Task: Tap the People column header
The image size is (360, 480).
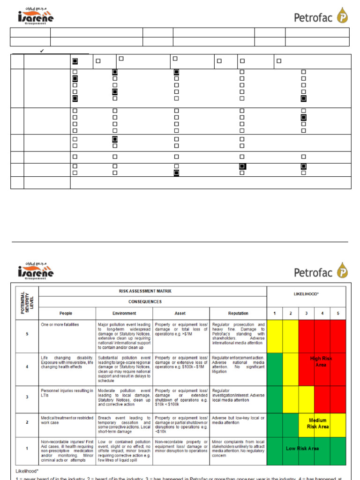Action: click(x=66, y=313)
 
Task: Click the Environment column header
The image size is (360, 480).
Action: click(x=124, y=313)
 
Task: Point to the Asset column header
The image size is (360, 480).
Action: click(x=181, y=313)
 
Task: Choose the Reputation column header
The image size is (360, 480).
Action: click(x=238, y=313)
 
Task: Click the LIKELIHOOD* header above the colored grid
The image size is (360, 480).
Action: click(x=306, y=293)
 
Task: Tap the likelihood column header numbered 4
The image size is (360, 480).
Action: click(x=322, y=313)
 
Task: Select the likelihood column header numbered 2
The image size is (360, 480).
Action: click(x=291, y=313)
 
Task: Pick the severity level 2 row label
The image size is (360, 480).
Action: click(x=27, y=422)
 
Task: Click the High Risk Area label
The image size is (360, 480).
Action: click(x=321, y=361)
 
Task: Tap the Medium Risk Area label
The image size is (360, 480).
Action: click(x=318, y=423)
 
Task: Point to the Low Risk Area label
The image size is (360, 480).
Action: click(x=302, y=449)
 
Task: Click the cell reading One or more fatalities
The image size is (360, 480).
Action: click(x=60, y=325)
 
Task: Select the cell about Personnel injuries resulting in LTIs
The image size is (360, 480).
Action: click(x=67, y=393)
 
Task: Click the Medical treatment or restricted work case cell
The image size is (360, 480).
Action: click(x=67, y=420)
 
